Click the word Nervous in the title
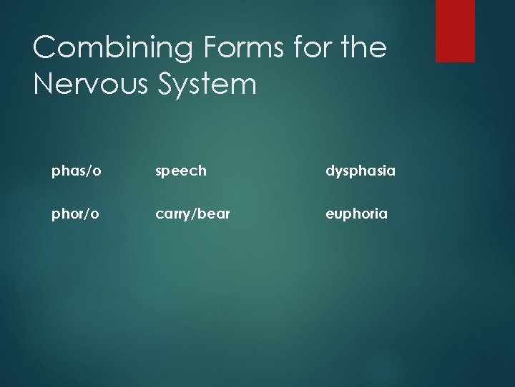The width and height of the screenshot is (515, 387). (x=91, y=84)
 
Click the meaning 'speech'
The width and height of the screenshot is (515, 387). (x=181, y=171)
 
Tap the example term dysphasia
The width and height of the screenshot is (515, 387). (x=360, y=171)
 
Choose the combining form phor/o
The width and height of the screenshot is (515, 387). (x=74, y=214)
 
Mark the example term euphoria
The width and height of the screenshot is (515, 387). (x=357, y=214)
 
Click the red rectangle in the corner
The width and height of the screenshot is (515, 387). (x=455, y=30)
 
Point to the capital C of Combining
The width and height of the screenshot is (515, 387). (x=45, y=47)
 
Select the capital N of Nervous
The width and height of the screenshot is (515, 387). (x=44, y=84)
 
